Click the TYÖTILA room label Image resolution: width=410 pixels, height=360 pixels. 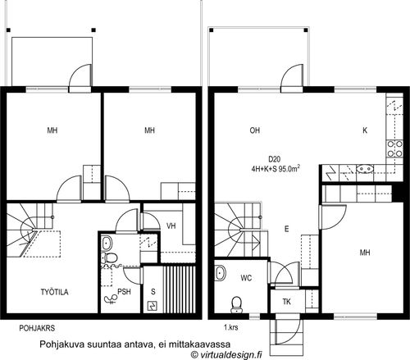coord(54,292)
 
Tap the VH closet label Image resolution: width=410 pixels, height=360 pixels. coord(171,226)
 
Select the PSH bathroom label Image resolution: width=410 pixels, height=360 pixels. coord(124,292)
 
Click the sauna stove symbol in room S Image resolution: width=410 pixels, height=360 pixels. coord(152,306)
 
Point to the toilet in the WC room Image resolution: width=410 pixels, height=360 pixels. coord(236,304)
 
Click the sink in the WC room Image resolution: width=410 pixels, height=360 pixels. coord(220,273)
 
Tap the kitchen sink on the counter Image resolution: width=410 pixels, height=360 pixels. coord(365,169)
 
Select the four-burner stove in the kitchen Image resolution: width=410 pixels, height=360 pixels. coord(394,148)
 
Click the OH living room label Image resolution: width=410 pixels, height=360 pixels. coord(255,130)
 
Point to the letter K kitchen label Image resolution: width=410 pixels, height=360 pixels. coord(365,130)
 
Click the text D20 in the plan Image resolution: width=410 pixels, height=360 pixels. coord(274,159)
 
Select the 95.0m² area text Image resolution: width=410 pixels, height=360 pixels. coord(289,169)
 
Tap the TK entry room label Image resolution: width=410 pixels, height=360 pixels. coord(286,302)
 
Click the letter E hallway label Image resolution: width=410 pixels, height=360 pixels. coord(286,229)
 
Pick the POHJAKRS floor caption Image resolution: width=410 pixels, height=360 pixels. coord(37,328)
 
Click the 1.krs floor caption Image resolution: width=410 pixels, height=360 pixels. coord(231,327)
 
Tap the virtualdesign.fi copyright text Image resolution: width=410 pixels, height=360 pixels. coord(226,354)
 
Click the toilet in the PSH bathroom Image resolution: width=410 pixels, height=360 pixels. coord(109,257)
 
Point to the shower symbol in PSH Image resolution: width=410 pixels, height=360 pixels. coord(110,299)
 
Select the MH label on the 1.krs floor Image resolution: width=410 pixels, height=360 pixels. coord(365,253)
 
